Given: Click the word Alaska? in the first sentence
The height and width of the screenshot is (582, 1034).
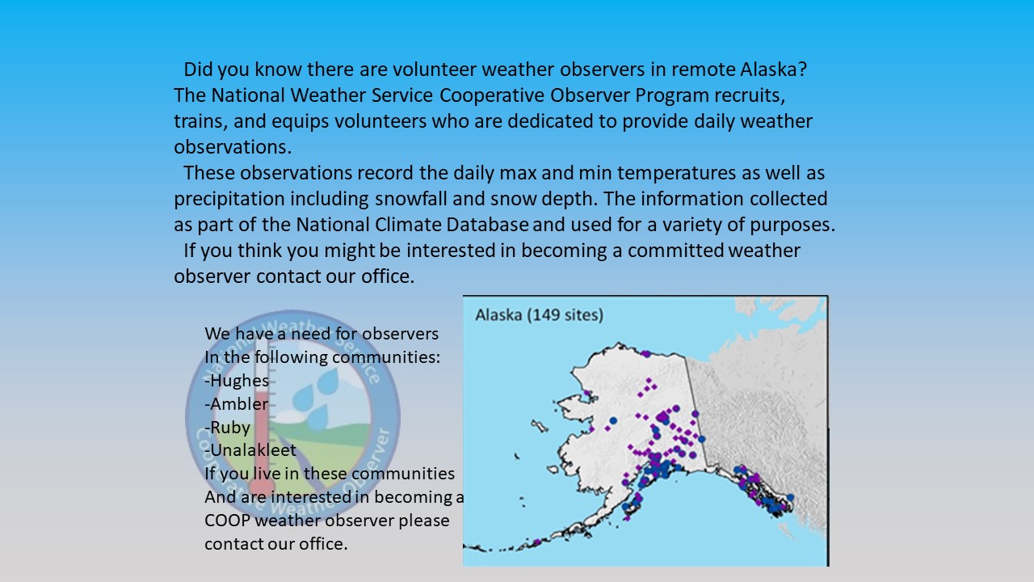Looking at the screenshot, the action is [774, 70].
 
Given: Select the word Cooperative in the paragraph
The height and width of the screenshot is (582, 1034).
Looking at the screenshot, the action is [492, 95].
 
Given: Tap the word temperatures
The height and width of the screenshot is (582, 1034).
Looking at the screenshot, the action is [677, 173].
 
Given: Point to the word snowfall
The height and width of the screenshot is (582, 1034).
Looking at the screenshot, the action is [411, 199].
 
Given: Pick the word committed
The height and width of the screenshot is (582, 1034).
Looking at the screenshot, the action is [675, 251].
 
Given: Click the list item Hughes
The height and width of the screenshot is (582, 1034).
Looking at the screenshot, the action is [237, 381].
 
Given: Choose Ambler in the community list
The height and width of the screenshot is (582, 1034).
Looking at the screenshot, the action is [237, 404].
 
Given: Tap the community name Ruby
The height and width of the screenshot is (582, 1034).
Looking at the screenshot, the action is [228, 428].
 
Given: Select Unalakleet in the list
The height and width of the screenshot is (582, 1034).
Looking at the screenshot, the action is [250, 450].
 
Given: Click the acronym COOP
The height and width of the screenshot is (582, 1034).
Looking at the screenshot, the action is [228, 521].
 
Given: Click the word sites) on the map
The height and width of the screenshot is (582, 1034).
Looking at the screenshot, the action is [579, 315].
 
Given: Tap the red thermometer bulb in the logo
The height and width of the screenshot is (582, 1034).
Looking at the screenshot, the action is [261, 487].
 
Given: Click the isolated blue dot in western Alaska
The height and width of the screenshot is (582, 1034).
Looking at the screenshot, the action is [613, 421].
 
